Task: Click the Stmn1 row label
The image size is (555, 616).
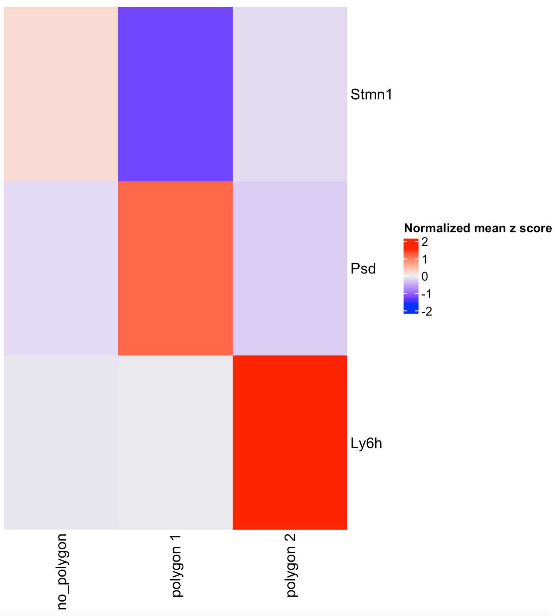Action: click(371, 95)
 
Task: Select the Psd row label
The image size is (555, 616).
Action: click(363, 269)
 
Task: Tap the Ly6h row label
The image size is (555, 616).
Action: click(366, 443)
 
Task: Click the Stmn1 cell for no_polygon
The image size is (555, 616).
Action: click(61, 94)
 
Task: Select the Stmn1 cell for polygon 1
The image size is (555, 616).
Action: click(175, 94)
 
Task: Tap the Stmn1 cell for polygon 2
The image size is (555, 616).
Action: click(290, 94)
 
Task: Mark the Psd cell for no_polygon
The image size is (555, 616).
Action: click(61, 268)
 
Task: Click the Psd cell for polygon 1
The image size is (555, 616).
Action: click(175, 268)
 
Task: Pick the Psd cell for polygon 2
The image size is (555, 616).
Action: click(290, 268)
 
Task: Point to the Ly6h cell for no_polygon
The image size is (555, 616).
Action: click(61, 442)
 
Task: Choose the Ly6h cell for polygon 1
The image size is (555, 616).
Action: click(175, 442)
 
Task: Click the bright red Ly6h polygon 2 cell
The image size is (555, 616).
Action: click(290, 442)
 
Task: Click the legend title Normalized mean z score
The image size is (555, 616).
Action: click(478, 228)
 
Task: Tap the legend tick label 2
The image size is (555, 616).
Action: click(425, 242)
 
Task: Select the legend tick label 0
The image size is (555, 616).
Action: click(425, 277)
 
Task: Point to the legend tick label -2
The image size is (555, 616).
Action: click(427, 311)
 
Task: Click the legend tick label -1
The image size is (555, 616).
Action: click(427, 294)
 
